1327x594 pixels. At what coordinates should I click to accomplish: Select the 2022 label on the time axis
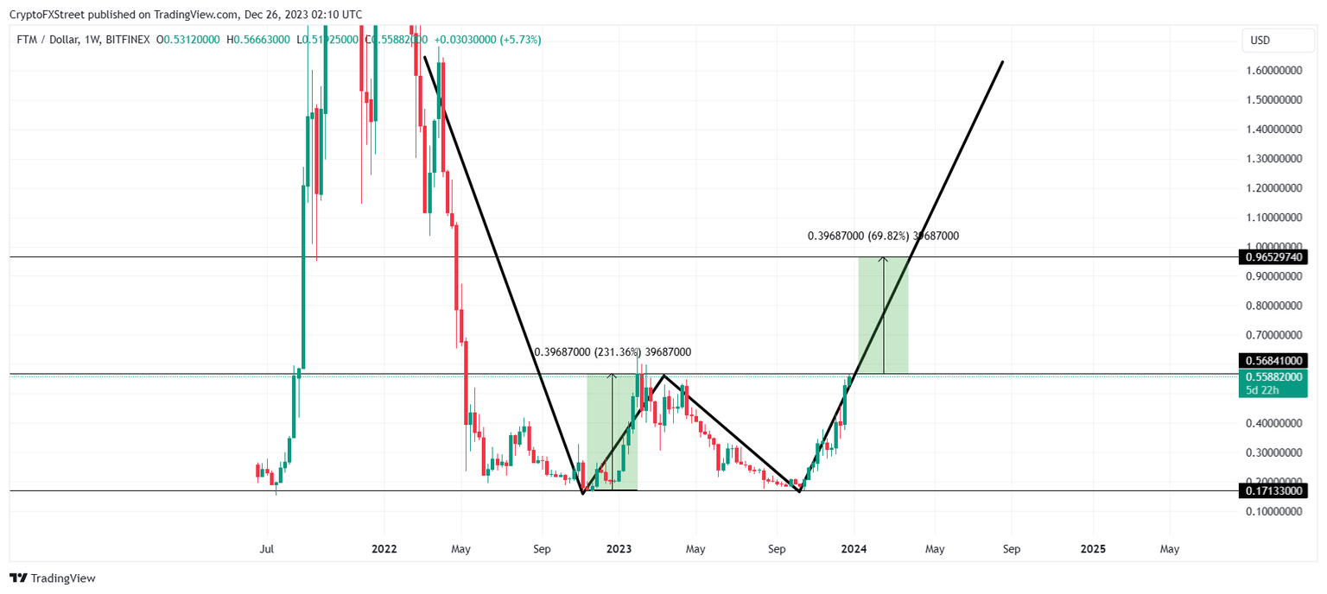pyautogui.click(x=384, y=549)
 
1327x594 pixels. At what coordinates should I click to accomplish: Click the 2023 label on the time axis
pyautogui.click(x=619, y=549)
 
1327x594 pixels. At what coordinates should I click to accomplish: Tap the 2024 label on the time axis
pyautogui.click(x=854, y=549)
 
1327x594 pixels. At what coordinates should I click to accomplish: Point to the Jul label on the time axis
pyautogui.click(x=267, y=549)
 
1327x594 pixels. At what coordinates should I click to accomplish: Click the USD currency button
pyautogui.click(x=1260, y=41)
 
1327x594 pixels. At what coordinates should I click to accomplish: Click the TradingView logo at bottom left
pyautogui.click(x=53, y=578)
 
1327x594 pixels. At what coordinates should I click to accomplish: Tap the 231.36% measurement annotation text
pyautogui.click(x=613, y=352)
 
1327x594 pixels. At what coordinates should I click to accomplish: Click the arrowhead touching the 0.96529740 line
pyautogui.click(x=883, y=259)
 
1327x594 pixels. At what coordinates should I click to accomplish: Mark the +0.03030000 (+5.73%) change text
pyautogui.click(x=487, y=40)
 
